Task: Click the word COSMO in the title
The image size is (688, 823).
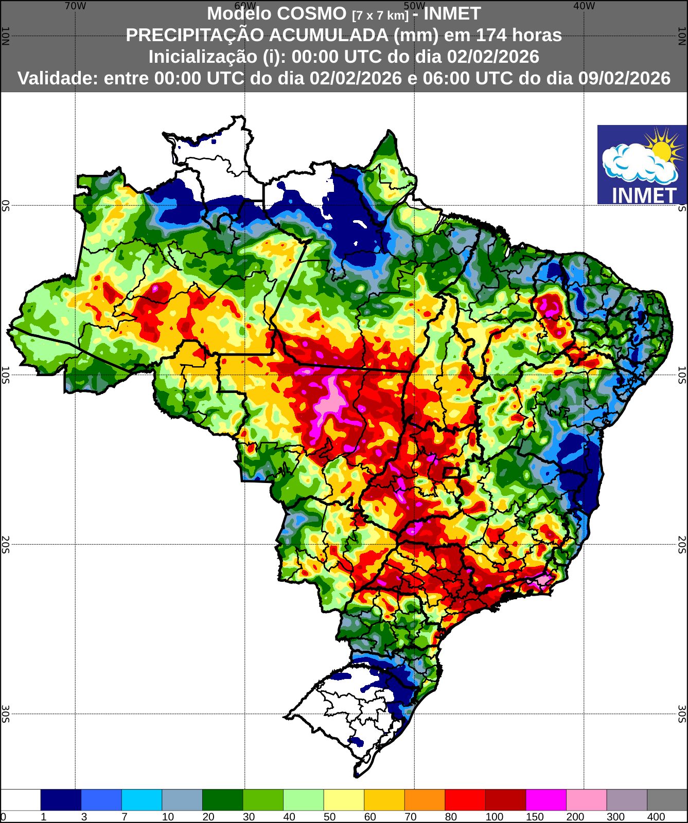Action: (314, 13)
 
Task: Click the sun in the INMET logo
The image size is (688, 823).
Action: (661, 149)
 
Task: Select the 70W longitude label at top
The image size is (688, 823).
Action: (75, 6)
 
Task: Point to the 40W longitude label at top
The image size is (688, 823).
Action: (584, 6)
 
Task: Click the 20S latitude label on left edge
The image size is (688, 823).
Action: (5, 544)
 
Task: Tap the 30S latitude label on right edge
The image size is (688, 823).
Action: (682, 714)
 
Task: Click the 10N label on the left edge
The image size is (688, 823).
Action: (5, 36)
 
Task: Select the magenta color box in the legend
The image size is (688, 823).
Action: (546, 800)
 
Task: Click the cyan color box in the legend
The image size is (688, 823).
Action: (142, 800)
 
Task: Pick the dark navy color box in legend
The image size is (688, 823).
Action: (61, 800)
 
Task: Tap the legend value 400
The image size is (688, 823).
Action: (656, 817)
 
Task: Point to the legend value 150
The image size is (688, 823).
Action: (535, 817)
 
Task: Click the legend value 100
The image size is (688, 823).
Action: (495, 817)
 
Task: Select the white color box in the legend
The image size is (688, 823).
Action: (21, 800)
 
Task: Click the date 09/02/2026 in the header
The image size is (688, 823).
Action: (624, 78)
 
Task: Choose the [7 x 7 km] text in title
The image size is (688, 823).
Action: (380, 15)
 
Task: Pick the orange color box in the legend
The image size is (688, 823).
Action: (425, 800)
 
